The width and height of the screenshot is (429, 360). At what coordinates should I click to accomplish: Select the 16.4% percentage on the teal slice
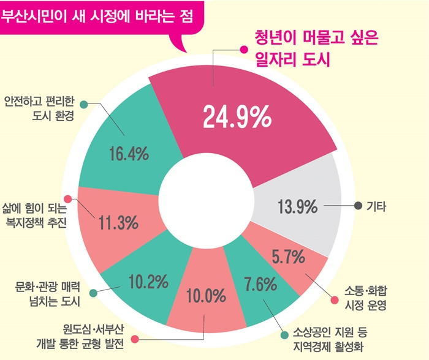click(x=129, y=154)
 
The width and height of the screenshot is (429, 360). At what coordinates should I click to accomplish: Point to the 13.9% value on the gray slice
click(x=297, y=208)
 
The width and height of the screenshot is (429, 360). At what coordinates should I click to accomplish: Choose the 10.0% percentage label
click(x=207, y=297)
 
